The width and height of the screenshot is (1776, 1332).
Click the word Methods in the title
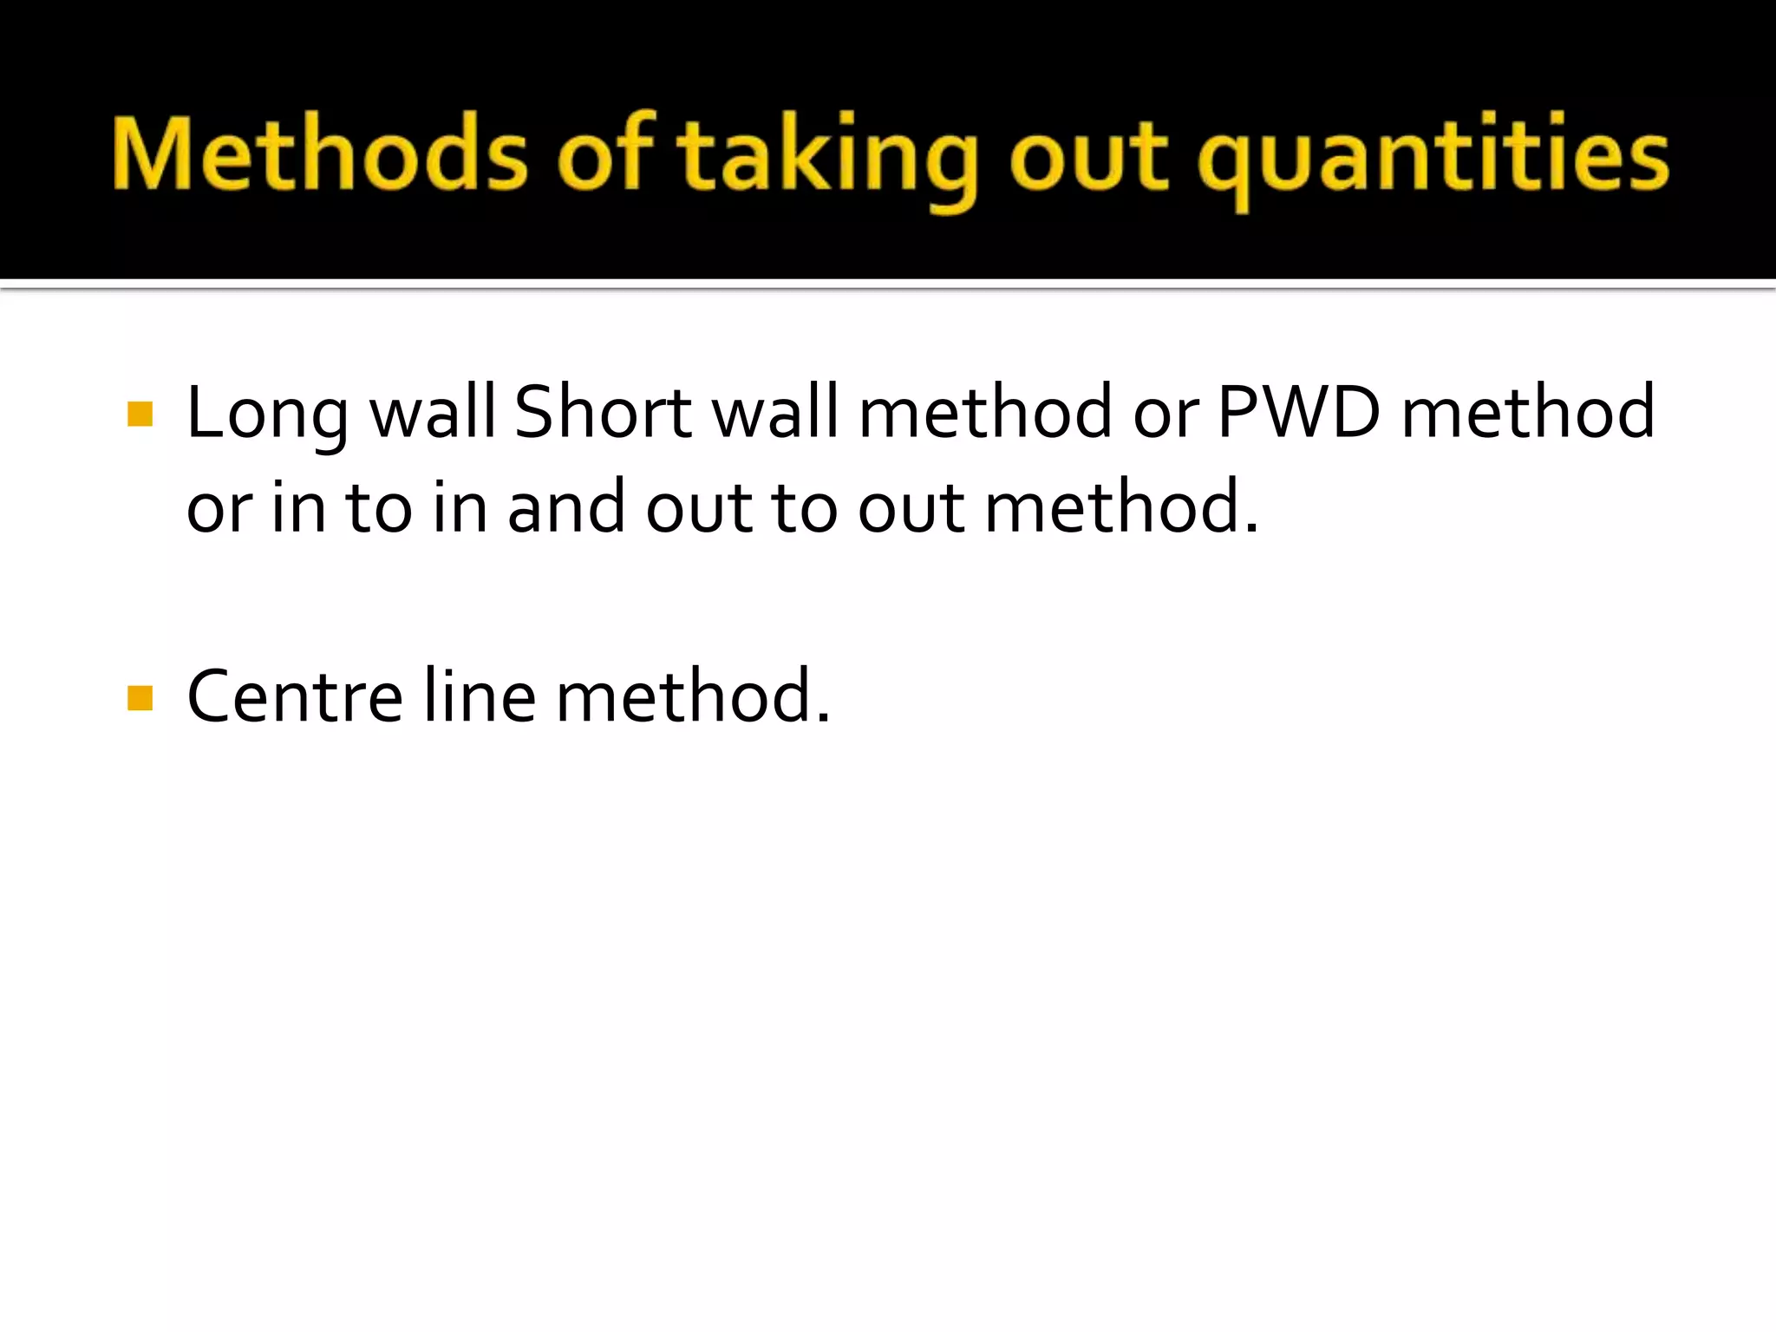pos(319,154)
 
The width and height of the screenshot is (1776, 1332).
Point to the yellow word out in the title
pos(1089,156)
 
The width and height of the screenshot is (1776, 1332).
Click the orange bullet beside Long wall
pos(140,414)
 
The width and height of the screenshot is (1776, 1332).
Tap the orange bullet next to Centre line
pos(140,697)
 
